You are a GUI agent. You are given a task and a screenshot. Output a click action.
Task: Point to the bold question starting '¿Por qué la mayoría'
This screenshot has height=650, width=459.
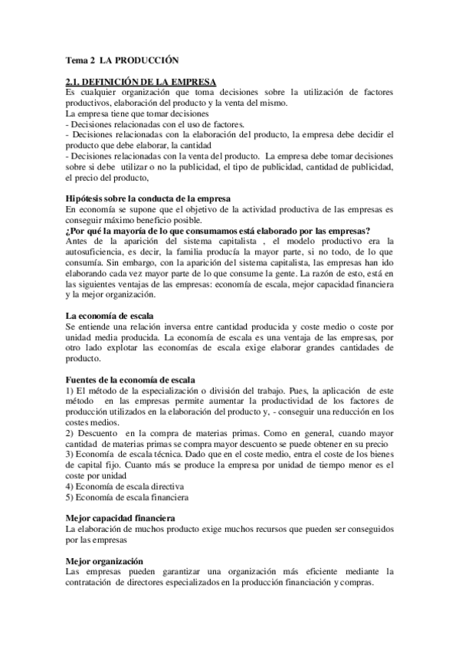[x=218, y=231]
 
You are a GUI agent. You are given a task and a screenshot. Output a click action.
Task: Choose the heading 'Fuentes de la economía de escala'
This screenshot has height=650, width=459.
[x=130, y=379]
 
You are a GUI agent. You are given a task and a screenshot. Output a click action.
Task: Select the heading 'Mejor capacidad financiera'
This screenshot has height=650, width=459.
[x=120, y=519]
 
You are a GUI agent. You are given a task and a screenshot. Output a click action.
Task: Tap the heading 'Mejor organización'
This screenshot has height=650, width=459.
[x=104, y=561]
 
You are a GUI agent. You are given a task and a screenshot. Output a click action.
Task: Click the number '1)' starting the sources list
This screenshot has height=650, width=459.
[x=70, y=391]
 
